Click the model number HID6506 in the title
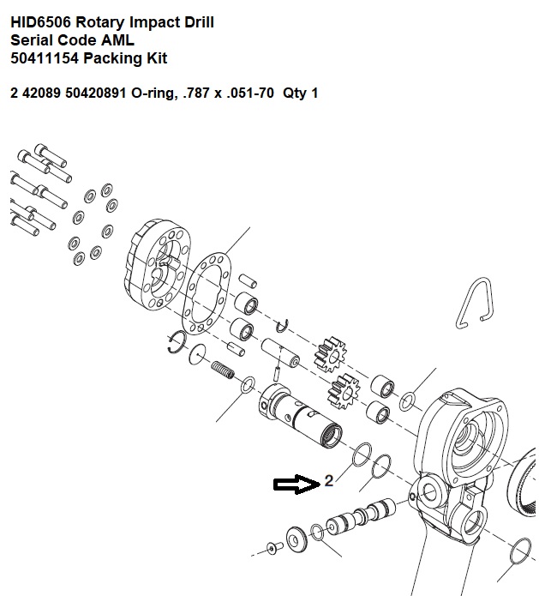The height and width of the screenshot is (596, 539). (x=40, y=22)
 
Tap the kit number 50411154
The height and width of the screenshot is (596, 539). (x=45, y=58)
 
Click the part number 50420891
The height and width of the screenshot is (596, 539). (x=95, y=93)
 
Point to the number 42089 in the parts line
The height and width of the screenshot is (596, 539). (x=41, y=93)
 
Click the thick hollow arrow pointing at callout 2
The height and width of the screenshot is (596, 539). (x=296, y=485)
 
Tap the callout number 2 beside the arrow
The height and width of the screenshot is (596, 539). (x=329, y=481)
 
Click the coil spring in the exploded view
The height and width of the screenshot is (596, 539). (x=223, y=370)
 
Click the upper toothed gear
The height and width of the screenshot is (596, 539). (x=330, y=355)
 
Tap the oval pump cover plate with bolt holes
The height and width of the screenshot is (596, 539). (x=157, y=264)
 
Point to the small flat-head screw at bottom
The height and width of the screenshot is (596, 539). (x=274, y=548)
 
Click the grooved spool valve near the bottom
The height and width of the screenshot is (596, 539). (x=361, y=516)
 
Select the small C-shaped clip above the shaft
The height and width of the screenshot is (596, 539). (x=282, y=326)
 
